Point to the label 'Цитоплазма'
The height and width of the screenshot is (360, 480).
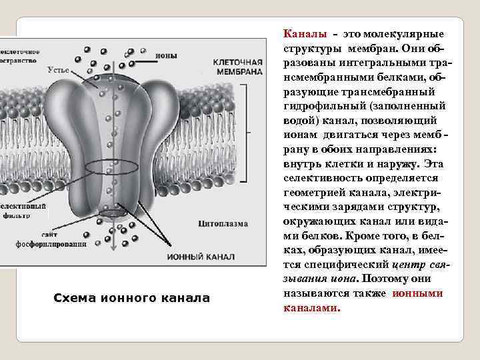223,223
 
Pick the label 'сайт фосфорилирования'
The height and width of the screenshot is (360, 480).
51,239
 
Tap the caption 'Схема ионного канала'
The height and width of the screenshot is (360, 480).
131,297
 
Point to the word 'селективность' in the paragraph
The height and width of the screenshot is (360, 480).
315,178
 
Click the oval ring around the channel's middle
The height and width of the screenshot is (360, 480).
121,167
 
